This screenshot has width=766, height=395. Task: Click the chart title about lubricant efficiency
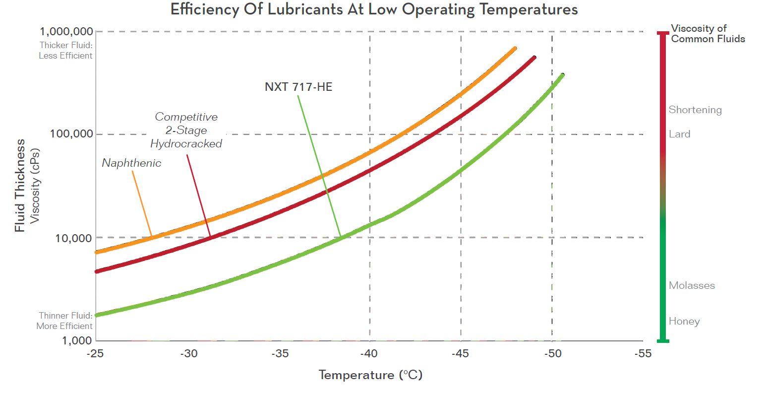point(374,9)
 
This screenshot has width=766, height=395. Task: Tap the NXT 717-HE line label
point(298,87)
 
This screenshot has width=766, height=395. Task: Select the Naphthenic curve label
point(131,163)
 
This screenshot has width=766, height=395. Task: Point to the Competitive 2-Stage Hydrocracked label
point(186,130)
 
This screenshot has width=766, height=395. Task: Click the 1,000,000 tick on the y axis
point(66,32)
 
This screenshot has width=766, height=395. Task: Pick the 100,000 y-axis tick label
point(71,133)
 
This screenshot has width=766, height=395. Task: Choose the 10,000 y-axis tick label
point(73,238)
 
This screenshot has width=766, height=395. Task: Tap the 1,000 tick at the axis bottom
point(77,340)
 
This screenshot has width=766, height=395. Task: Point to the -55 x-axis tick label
point(643,354)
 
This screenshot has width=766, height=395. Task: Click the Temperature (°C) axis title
point(370,375)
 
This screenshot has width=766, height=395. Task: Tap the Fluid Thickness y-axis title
point(20,185)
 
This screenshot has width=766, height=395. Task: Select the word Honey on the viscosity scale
point(684,321)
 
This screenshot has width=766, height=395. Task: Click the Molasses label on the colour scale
point(692,285)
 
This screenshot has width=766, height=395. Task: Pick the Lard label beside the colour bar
point(679,134)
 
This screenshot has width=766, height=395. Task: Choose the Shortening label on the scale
point(695,110)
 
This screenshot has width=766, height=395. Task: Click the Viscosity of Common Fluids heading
point(707,34)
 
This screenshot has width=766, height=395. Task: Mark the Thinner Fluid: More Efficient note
point(65,321)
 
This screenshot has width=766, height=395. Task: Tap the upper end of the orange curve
point(515,49)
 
